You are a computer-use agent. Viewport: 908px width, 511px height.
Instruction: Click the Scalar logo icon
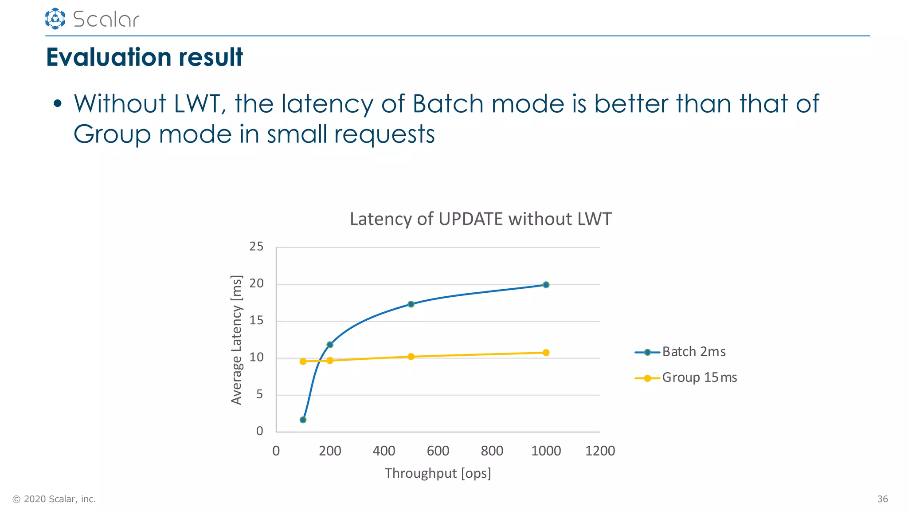coord(55,19)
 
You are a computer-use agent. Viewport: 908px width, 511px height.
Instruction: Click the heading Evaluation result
coord(144,57)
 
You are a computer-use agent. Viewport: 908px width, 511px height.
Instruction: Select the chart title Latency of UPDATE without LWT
coord(480,219)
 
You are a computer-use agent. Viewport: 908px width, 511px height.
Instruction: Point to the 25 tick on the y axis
coord(256,247)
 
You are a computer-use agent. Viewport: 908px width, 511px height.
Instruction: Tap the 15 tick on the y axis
coord(256,320)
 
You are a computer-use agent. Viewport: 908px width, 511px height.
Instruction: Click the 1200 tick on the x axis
coord(600,451)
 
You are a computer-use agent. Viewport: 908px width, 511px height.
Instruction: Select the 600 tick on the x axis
coord(438,451)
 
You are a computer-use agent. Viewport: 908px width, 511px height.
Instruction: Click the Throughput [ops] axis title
coord(438,473)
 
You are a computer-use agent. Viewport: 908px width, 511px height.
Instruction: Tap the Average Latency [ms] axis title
coord(237,340)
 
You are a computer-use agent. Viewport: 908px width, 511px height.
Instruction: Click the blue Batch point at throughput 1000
coord(546,285)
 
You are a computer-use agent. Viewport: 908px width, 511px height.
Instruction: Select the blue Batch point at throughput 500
coord(411,304)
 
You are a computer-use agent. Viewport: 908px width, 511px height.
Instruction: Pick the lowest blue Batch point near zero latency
coord(303,420)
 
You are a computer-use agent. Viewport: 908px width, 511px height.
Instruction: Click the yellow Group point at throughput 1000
coord(546,353)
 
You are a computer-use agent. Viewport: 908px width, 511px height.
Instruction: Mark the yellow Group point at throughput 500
coord(411,357)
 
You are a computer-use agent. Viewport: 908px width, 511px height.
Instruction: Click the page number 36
coord(882,499)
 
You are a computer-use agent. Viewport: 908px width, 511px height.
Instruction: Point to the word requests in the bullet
coord(384,134)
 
